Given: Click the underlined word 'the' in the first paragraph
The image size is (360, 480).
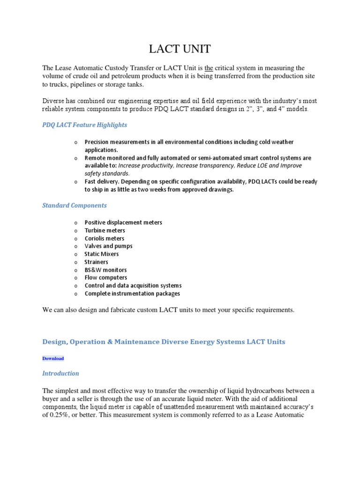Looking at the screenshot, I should [210, 68].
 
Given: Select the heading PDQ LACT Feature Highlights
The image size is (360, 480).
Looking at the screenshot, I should [84, 125].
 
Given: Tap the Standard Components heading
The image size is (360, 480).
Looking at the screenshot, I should [75, 205].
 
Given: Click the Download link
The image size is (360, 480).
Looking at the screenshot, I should [53, 358].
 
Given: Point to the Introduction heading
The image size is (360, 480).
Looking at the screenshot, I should [60, 374].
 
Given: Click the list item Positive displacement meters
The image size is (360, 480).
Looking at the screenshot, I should [123, 223].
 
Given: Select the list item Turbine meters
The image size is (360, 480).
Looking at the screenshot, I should [105, 231].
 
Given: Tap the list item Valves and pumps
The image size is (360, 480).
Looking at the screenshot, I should [108, 246].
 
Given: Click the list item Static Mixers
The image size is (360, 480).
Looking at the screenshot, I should [102, 254].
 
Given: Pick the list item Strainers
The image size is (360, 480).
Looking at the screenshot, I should [96, 262].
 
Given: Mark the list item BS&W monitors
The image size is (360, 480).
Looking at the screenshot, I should [105, 270].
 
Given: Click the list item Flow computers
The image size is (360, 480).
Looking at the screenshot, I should [105, 277].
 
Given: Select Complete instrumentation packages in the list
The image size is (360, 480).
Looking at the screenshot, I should [132, 293].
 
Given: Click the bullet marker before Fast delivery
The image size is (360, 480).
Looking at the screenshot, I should [75, 182].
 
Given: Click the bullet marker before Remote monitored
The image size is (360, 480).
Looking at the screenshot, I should [75, 158].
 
